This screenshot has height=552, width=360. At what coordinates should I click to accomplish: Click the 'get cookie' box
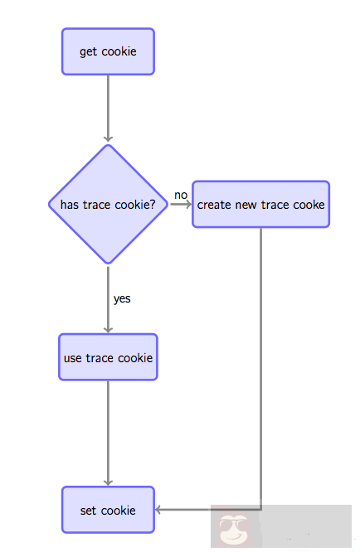point(108,51)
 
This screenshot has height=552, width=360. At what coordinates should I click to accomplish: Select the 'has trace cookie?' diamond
point(108,205)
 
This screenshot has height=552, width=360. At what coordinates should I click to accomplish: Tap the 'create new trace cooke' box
point(260,205)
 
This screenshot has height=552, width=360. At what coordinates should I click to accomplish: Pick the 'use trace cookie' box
point(108,358)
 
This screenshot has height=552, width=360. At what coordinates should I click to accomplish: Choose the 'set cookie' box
point(108,510)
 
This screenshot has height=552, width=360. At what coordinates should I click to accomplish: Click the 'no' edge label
point(181,195)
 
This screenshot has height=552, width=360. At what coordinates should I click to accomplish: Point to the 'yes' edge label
point(122,298)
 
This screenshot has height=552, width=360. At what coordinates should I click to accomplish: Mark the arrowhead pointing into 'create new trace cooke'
point(187,205)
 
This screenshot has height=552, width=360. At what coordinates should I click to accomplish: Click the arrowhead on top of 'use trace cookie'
point(108,329)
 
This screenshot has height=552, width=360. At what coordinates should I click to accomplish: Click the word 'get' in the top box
point(89,52)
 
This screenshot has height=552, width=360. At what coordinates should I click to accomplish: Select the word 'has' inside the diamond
point(70,205)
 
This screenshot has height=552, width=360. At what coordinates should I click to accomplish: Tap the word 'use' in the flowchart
point(73,359)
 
